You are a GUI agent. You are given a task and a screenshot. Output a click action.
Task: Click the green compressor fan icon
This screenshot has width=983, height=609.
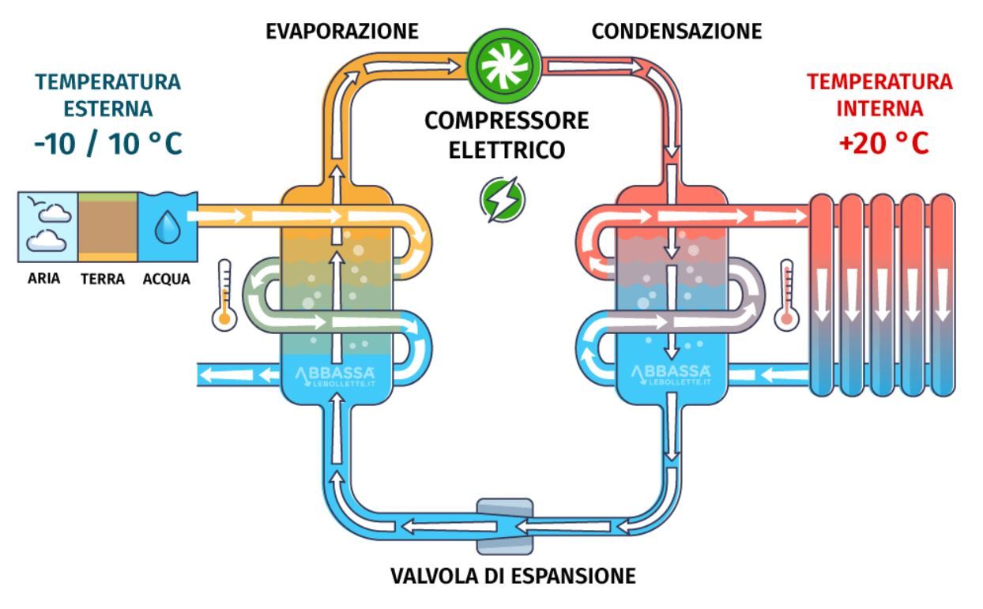click(x=503, y=61)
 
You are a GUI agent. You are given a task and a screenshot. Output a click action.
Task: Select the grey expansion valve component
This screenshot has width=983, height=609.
click(x=503, y=525)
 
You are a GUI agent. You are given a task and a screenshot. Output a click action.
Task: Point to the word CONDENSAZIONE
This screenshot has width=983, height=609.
click(x=676, y=32)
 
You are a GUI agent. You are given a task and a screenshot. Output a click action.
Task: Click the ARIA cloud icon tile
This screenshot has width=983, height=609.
click(x=47, y=226)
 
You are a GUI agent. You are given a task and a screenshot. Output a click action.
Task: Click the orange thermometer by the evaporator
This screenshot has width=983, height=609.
click(x=225, y=294)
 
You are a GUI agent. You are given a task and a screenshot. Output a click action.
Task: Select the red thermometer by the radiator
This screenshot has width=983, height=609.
click(x=786, y=295)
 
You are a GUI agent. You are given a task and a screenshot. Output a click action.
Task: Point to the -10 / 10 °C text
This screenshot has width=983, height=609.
click(x=108, y=144)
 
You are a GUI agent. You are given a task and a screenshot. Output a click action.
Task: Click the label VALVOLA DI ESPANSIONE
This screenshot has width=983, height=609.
click(x=513, y=576)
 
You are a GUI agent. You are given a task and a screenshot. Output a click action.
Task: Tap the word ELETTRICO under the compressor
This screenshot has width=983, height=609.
click(x=507, y=149)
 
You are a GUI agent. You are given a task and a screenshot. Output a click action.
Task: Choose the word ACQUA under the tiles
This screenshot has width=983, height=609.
click(x=167, y=279)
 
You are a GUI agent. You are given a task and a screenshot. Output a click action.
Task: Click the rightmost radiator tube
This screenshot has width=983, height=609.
click(x=942, y=294)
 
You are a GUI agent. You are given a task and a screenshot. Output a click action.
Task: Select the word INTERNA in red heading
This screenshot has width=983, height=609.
click(x=879, y=107)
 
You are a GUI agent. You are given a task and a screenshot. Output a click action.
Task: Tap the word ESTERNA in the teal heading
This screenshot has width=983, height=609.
click(x=108, y=108)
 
